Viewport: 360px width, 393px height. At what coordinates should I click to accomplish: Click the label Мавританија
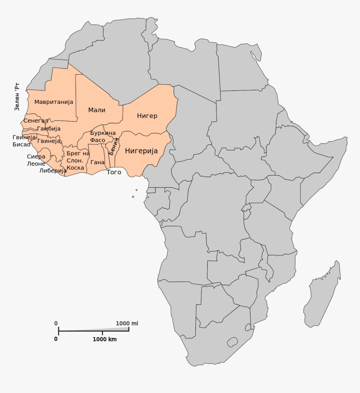pos(54,102)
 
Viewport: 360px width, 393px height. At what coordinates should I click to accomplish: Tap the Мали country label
pos(97,110)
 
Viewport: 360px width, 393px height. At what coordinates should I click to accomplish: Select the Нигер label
pos(147,116)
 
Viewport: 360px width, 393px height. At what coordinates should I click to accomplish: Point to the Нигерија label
pos(141,151)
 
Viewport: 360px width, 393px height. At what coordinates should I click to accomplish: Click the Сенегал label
pos(36,121)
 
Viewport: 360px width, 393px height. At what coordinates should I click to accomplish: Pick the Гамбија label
pos(49,129)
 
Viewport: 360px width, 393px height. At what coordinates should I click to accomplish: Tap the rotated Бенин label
pos(113,146)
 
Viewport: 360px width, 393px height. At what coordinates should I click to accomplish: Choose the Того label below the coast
pos(114,172)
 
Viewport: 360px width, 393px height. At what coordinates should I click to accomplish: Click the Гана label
pos(97,162)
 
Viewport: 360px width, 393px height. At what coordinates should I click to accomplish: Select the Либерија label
pos(53,171)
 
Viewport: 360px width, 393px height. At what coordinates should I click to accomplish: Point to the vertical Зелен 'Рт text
pos(17,96)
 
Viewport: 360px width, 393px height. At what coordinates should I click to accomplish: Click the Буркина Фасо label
pos(103,137)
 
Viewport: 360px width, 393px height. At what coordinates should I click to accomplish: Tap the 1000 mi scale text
pos(127,323)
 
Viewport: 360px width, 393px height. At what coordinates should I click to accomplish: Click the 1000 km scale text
pos(105,339)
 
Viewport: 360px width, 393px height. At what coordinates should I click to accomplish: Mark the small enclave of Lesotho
pos(232,342)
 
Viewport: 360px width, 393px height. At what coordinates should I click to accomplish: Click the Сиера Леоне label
pos(36,160)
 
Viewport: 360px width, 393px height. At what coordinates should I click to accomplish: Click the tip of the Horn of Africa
pos(346,138)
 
